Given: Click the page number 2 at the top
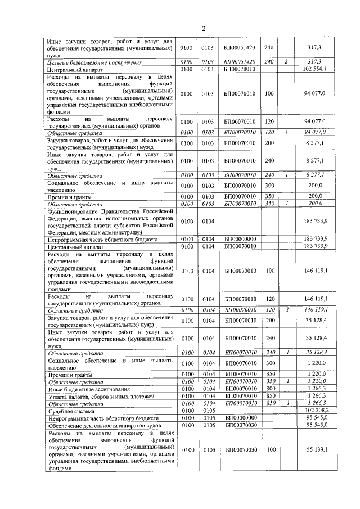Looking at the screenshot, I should coord(204,29).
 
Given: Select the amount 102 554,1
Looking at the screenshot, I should coord(314,69).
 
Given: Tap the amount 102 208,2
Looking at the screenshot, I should coord(314,411).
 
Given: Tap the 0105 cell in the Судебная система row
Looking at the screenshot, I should coord(209,411).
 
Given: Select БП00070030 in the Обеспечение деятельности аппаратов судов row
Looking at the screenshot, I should coord(240,425).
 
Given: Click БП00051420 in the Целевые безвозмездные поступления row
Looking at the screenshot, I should coord(240,61).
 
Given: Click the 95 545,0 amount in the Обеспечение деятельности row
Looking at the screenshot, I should coord(316,425).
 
